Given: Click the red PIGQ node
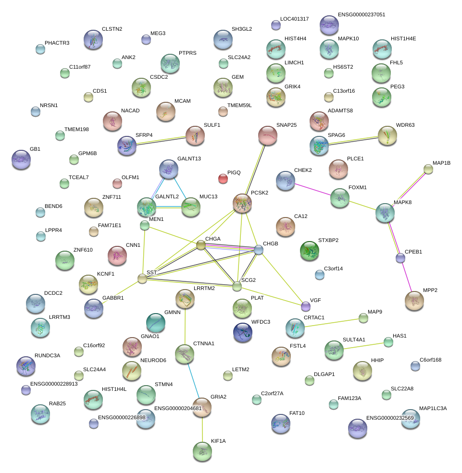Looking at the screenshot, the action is click(223, 179).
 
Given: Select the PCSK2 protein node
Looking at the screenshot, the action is click(242, 203).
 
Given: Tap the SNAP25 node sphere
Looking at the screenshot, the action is click(268, 136).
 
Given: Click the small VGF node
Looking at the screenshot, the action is click(305, 306).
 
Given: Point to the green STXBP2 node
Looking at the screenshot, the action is click(309, 251).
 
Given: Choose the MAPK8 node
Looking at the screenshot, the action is click(385, 213).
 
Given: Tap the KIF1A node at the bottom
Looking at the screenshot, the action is click(202, 451).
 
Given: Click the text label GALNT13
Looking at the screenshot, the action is click(189, 158).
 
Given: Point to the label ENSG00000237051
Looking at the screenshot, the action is click(362, 15).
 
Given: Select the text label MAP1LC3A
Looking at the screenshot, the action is click(433, 409).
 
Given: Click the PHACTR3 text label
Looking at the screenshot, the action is click(57, 43).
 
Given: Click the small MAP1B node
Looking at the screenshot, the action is click(428, 169).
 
